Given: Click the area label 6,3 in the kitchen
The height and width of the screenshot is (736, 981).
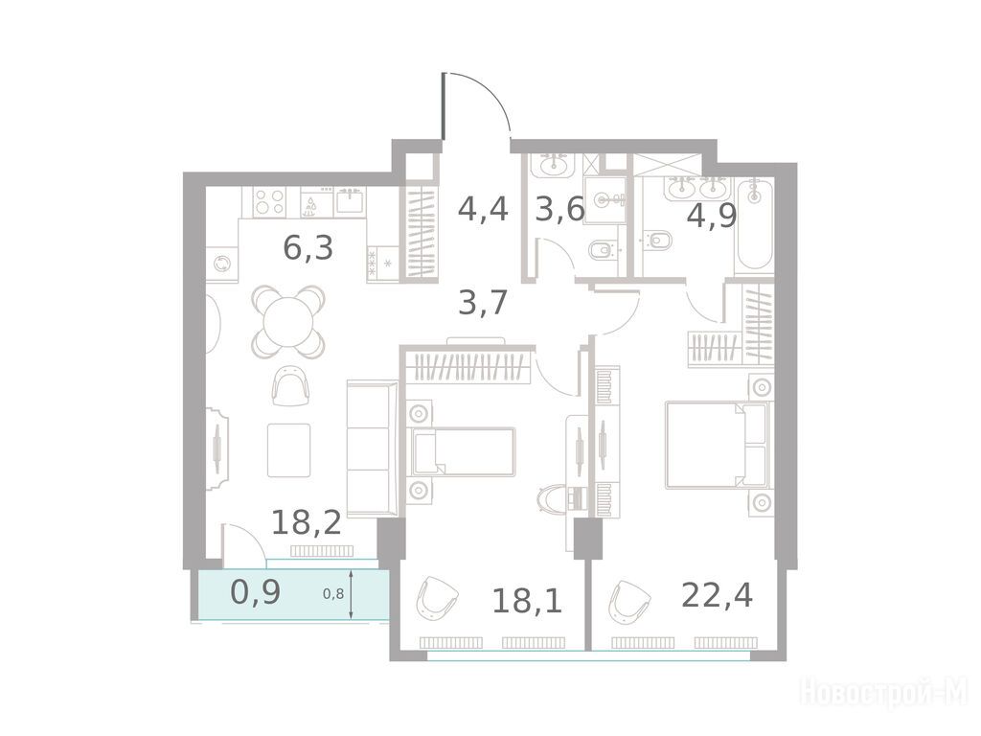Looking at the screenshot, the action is click(308, 248).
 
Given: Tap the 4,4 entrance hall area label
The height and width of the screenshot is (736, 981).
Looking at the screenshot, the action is click(483, 208).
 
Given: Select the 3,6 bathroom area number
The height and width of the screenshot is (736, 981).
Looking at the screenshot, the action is click(559, 208).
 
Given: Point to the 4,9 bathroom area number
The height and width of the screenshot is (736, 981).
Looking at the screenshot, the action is click(712, 216).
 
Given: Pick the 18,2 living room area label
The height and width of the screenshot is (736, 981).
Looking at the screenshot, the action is click(307, 521).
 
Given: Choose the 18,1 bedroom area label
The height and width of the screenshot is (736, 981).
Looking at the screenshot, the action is click(527, 601).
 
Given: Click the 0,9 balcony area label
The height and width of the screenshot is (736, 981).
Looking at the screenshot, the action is click(255, 591).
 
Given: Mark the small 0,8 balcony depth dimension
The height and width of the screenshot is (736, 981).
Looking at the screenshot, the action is click(333, 593).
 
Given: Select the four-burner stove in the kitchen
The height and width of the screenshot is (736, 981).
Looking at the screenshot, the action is click(269, 201).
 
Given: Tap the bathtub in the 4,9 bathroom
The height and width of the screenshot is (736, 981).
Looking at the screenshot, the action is click(755, 225).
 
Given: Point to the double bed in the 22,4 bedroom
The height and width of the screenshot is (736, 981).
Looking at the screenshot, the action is click(717, 445).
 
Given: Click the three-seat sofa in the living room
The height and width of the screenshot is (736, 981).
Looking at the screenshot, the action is click(373, 448).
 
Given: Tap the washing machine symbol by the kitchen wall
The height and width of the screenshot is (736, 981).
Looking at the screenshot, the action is click(222, 264).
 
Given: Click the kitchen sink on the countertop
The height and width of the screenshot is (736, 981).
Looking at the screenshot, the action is click(351, 201).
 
